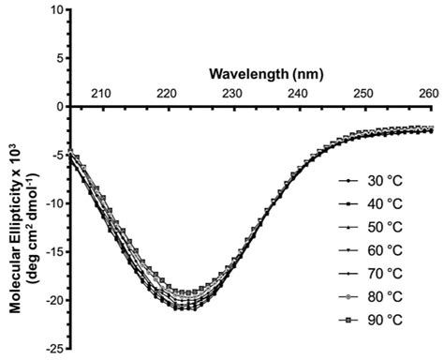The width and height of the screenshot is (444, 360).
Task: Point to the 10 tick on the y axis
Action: click(57, 10)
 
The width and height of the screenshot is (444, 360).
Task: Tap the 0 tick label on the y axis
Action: click(61, 107)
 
